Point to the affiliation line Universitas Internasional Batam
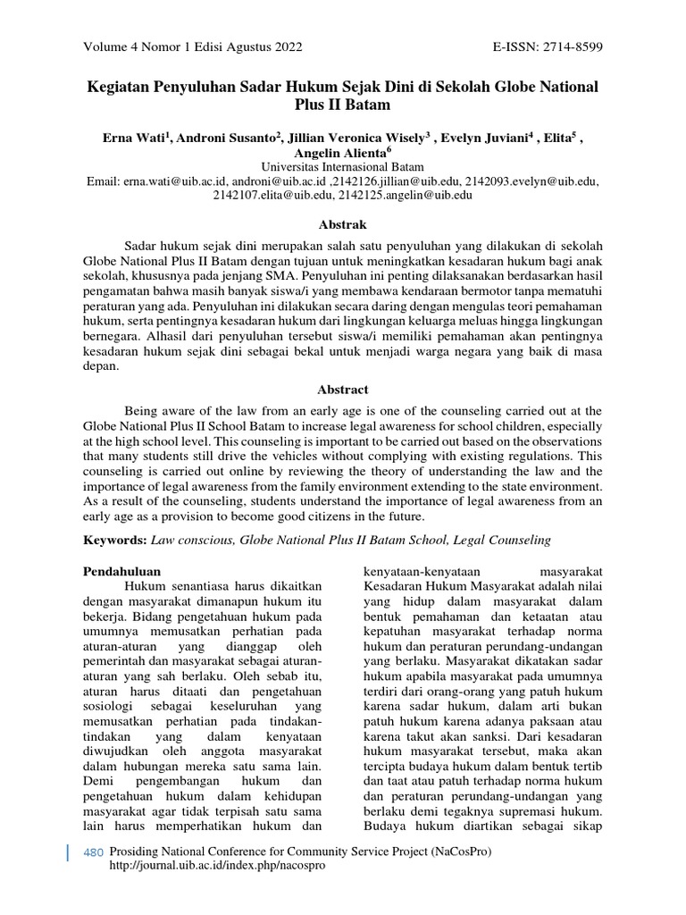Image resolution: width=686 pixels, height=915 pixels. pyautogui.click(x=342, y=167)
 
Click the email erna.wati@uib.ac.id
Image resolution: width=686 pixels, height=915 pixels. pyautogui.click(x=180, y=181)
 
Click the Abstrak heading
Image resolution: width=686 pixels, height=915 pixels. pyautogui.click(x=343, y=224)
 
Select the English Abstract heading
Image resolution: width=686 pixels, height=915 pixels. pyautogui.click(x=343, y=390)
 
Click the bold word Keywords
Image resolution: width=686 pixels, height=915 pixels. pyautogui.click(x=115, y=541)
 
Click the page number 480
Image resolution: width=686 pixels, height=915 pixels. pyautogui.click(x=93, y=852)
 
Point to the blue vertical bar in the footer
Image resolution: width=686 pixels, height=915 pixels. pyautogui.click(x=69, y=853)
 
